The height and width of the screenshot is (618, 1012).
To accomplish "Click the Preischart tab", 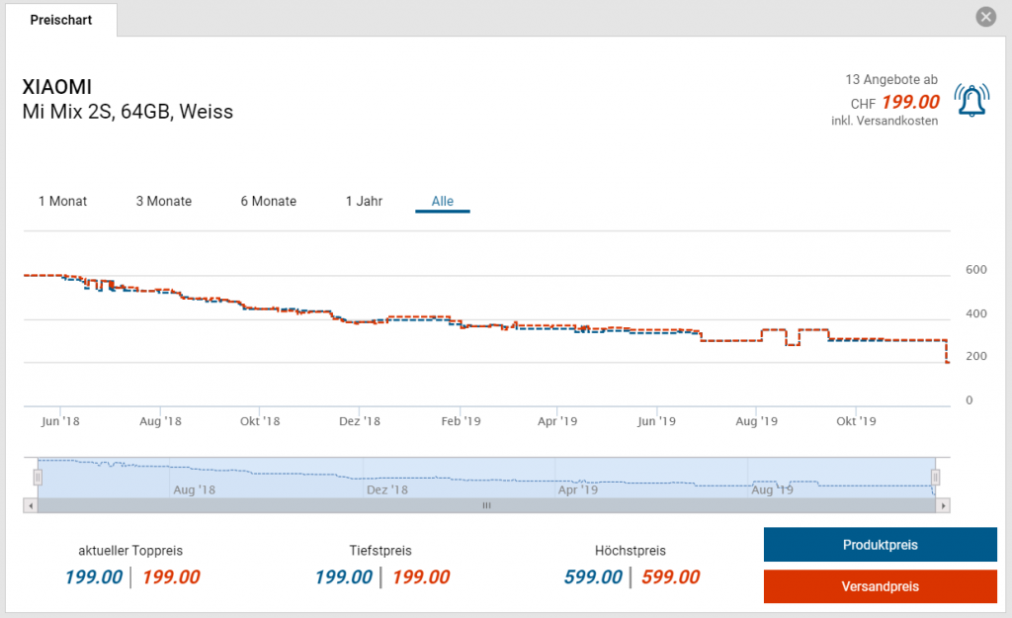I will [60, 20].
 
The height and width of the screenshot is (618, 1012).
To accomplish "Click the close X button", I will [985, 17].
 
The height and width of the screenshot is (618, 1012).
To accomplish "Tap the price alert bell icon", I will [971, 99].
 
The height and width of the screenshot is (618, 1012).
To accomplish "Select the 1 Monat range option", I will [62, 201].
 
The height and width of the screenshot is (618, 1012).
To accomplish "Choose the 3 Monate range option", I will [164, 201].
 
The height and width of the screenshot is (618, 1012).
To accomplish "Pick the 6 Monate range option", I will [268, 201].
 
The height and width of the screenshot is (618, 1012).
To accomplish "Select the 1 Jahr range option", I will [364, 201].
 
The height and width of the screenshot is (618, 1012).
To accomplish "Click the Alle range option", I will [443, 201].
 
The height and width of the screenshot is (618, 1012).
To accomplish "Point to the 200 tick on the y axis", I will [975, 356].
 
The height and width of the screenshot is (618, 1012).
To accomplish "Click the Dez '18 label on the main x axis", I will [359, 421].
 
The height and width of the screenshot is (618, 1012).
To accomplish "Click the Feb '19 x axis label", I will [460, 421].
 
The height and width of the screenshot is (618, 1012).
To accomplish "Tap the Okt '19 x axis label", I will [856, 421].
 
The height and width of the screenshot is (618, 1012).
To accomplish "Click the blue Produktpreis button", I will [881, 545].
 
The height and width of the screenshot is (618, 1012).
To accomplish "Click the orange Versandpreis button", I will [881, 586].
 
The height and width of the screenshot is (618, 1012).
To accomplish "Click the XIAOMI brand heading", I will [56, 87].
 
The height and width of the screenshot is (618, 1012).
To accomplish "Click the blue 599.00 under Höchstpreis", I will [593, 577].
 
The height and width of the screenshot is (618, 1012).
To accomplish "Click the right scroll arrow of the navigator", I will [944, 505].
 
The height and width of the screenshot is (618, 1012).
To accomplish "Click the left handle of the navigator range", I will [38, 478].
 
